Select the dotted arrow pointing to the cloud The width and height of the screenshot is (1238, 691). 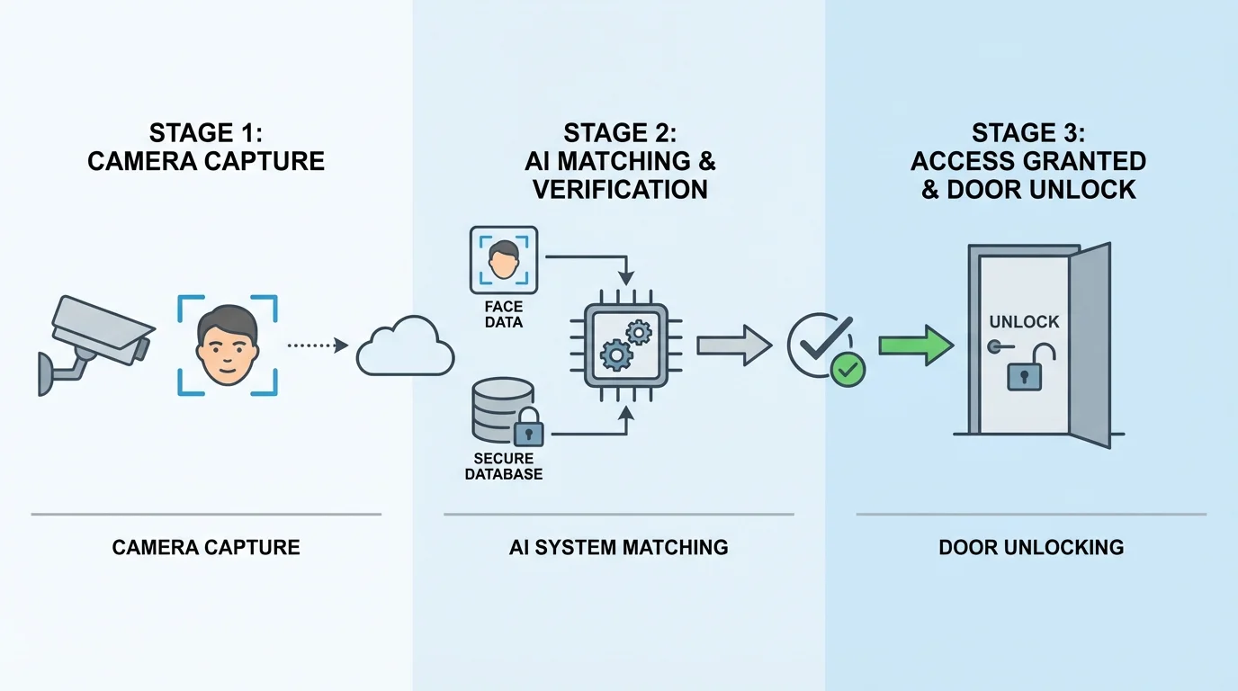tap(317, 345)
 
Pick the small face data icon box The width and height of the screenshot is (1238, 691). tap(504, 260)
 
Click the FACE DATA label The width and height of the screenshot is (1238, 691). tap(503, 314)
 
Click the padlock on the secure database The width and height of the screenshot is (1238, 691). tap(528, 428)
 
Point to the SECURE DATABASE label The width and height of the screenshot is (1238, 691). tap(504, 466)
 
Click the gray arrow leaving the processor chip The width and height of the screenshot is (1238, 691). tap(733, 345)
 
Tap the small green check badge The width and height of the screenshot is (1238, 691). tap(848, 368)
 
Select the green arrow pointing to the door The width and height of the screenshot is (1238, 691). tap(916, 345)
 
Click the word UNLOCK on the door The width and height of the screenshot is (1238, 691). tap(1024, 322)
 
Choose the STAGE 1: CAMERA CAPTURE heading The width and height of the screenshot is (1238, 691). tap(206, 148)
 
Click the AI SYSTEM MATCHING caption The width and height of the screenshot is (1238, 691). tap(619, 547)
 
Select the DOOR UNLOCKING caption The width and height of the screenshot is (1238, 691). tap(1031, 547)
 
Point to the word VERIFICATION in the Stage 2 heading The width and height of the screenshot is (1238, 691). tap(620, 190)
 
